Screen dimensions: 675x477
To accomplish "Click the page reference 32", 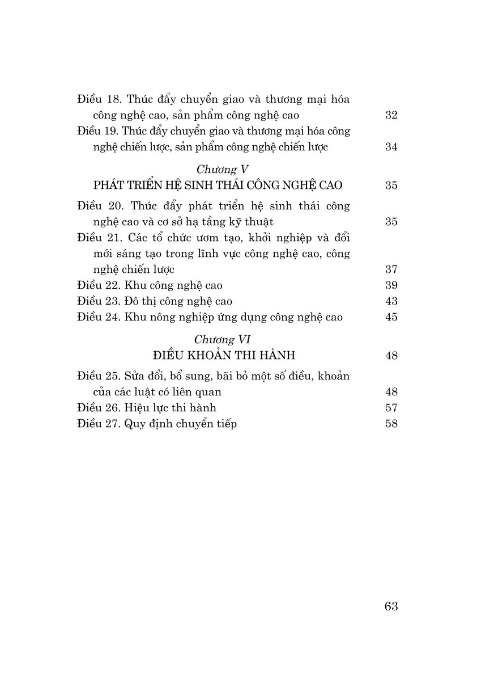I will click(x=391, y=115).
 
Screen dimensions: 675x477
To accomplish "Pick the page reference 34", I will click(x=391, y=147).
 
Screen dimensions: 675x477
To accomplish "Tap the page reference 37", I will click(x=391, y=269).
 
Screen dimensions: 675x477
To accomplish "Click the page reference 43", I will click(x=391, y=301).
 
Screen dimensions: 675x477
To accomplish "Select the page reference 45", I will click(x=391, y=317).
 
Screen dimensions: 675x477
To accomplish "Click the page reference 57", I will click(x=391, y=408).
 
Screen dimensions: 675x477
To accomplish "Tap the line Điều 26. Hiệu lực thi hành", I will click(x=147, y=408).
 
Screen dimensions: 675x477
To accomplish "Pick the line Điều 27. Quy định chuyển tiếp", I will click(x=157, y=424).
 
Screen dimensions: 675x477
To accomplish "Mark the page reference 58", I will click(x=391, y=424).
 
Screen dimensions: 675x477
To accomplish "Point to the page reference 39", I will click(x=391, y=285).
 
